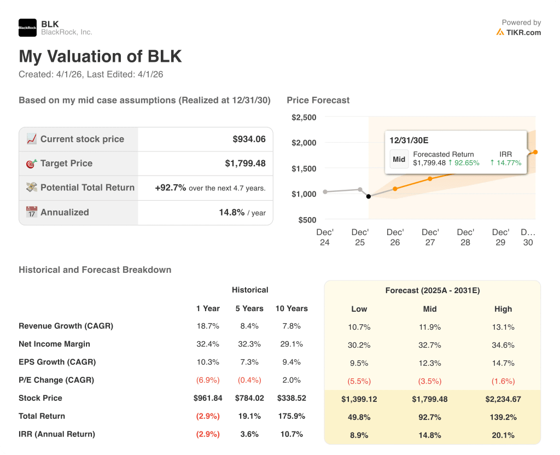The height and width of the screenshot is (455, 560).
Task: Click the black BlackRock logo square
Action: pos(27,27)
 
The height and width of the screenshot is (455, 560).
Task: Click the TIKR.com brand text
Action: pos(523,32)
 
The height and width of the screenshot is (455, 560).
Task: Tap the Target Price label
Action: pos(66,163)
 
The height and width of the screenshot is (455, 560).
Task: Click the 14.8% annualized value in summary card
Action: pos(231,212)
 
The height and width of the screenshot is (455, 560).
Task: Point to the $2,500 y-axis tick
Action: pos(304,117)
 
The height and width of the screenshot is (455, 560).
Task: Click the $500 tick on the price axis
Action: pos(308,219)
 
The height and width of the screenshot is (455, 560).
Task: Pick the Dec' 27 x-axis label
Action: pos(430,237)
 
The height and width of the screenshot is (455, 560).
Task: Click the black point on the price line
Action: pos(369,196)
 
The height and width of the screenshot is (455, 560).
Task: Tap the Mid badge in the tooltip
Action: pos(399,159)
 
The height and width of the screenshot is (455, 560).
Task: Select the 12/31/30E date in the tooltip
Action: pos(409,140)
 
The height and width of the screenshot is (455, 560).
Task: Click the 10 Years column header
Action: pos(291,308)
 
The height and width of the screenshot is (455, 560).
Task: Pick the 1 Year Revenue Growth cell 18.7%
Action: pos(208,326)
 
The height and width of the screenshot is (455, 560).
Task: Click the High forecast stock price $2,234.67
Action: pos(503,399)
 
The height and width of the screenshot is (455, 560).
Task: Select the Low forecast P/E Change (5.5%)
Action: pos(359,381)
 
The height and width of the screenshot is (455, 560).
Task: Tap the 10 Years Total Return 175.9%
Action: pos(291,416)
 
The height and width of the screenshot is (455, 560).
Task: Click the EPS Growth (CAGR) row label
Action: pos(57,362)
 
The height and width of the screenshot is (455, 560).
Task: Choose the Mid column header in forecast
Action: pos(430,309)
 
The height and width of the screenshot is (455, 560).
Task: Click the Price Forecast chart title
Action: pos(318,100)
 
